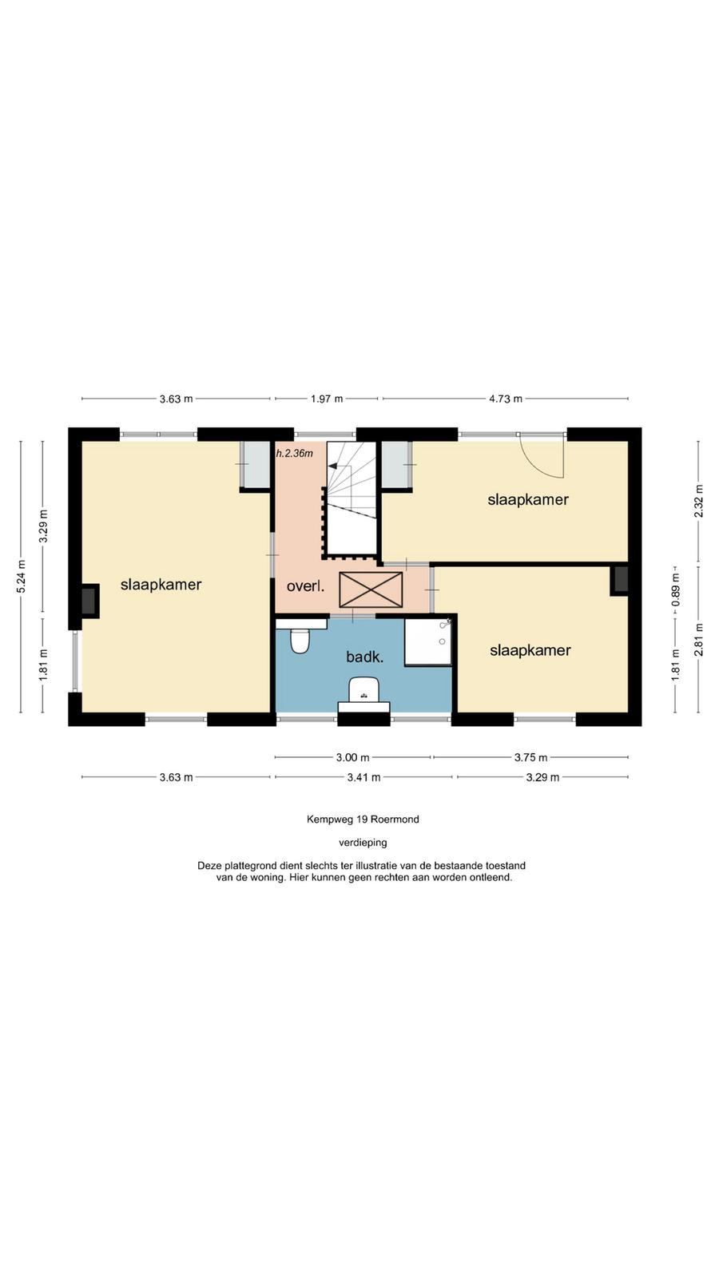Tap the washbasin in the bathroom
[x=363, y=689]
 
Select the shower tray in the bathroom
[x=428, y=642]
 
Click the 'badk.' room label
[x=364, y=657]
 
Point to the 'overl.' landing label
[x=305, y=586]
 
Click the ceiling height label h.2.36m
[x=295, y=454]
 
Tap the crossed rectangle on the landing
[x=371, y=590]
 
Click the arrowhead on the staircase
[x=332, y=466]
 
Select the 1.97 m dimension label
[x=327, y=399]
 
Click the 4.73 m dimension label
[x=506, y=399]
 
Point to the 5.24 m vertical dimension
[x=21, y=576]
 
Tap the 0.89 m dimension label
[x=676, y=592]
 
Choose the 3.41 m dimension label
[x=364, y=777]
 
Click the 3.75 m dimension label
[x=531, y=758]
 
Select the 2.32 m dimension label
[x=698, y=500]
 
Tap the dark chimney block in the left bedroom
[x=88, y=601]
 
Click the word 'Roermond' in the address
[x=395, y=820]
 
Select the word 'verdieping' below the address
[x=363, y=842]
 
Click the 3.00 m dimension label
[x=352, y=758]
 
